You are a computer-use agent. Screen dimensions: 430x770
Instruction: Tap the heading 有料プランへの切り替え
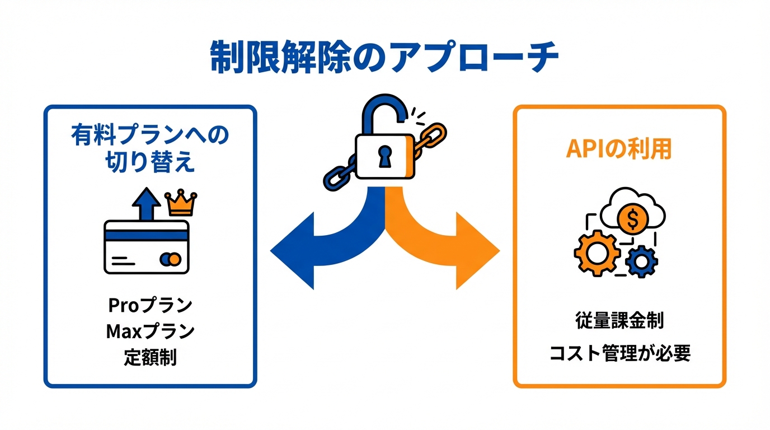(150, 148)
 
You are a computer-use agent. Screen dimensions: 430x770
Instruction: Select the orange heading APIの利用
(619, 148)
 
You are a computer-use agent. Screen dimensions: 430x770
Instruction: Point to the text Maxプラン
(150, 331)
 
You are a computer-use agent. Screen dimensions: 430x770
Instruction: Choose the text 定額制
(150, 357)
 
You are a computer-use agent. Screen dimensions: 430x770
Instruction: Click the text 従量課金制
(619, 321)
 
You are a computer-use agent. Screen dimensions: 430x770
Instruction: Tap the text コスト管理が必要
(619, 353)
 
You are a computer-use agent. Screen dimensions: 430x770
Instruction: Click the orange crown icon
(181, 204)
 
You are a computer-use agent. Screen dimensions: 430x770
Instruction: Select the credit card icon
(147, 246)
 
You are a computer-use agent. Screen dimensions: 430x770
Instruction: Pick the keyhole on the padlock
(385, 157)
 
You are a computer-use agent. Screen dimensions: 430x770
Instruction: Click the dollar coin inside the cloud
(632, 220)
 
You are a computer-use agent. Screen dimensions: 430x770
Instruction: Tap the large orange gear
(597, 253)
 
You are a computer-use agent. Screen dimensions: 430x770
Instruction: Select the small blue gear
(641, 261)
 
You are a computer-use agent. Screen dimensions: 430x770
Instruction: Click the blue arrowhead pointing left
(294, 250)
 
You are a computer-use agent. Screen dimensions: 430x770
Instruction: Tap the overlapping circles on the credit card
(170, 259)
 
